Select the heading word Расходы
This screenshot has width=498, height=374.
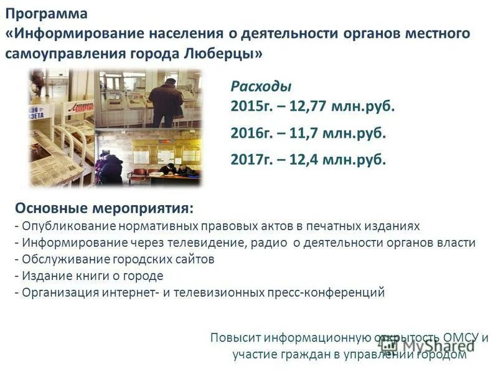(261, 87)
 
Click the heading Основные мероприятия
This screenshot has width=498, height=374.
(104, 207)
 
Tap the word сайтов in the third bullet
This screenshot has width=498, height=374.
(194, 259)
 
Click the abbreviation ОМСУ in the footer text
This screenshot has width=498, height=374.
(461, 338)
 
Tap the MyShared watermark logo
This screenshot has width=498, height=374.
(430, 347)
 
